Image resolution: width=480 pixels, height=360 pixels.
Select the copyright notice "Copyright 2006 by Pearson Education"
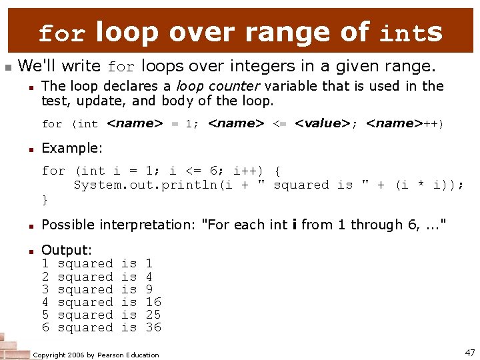pos(96,355)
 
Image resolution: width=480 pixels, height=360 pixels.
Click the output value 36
pos(153,327)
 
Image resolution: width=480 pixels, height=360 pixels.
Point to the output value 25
pos(153,315)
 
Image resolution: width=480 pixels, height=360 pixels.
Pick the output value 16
pos(153,302)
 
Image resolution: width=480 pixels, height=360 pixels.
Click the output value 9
pos(149,289)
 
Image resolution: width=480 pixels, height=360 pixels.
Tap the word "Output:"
pos(67,250)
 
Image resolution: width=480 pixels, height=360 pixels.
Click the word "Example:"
pos(72,147)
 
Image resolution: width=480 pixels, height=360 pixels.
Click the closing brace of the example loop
pos(45,199)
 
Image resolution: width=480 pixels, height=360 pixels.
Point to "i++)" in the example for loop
pos(249,171)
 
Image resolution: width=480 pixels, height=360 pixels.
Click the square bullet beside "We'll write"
pos(7,67)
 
